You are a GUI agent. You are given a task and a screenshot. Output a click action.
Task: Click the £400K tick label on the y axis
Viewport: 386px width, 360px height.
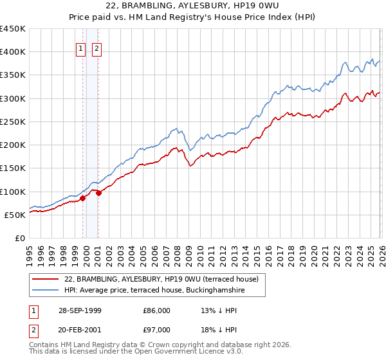[x=13, y=52]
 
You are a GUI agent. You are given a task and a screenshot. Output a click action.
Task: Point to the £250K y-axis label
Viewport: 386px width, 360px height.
[x=13, y=122]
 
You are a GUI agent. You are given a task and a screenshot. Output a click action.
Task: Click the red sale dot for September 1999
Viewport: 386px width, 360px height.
[x=83, y=199]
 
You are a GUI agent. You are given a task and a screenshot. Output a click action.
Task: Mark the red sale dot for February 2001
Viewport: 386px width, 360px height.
[x=99, y=193]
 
